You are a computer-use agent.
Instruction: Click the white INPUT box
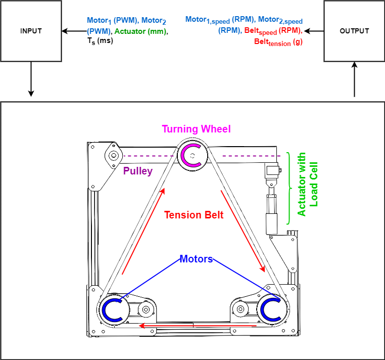click(31, 31)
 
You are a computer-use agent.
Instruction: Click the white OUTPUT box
click(354, 31)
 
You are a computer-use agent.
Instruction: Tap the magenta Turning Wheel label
click(196, 129)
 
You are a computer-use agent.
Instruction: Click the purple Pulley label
click(138, 171)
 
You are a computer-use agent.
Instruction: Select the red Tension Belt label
click(194, 215)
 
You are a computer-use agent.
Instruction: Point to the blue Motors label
click(197, 259)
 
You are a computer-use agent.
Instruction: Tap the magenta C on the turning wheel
click(192, 155)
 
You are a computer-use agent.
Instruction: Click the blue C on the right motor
click(272, 308)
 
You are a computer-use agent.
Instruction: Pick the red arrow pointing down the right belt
click(243, 231)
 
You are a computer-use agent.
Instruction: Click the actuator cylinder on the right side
click(272, 212)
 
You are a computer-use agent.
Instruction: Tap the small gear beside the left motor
click(146, 309)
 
